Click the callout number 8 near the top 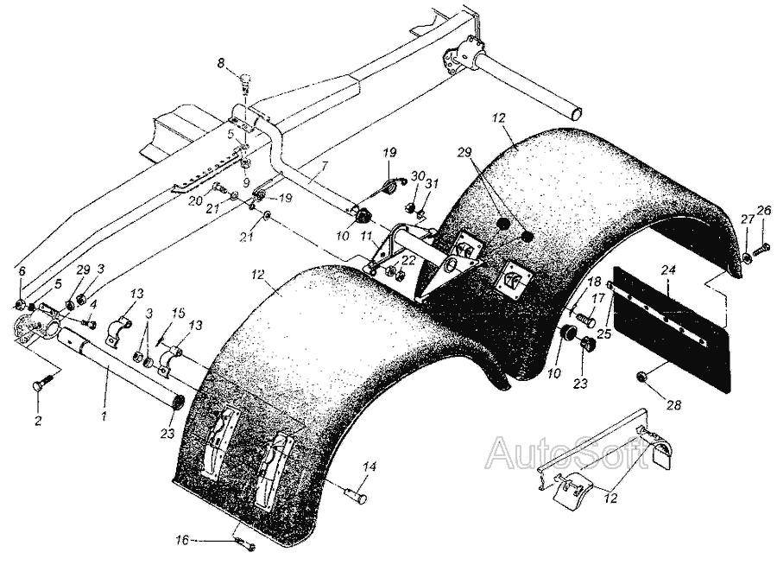click(220, 63)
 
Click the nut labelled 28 click(641, 378)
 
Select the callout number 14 click(370, 467)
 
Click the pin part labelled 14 click(356, 494)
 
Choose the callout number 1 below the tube click(104, 417)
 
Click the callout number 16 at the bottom click(183, 540)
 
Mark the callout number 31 click(433, 182)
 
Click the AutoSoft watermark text click(568, 452)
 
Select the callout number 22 click(407, 259)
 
